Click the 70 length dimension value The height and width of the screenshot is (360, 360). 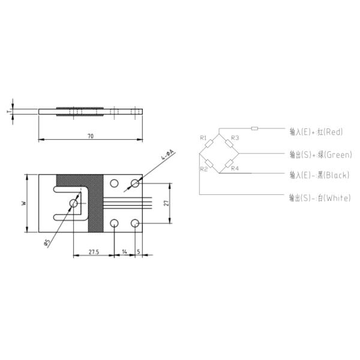[x=91, y=136]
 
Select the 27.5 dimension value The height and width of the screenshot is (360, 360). [x=94, y=252]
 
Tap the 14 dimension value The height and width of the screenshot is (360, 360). [x=124, y=252]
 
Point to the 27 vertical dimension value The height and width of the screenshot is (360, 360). [x=167, y=203]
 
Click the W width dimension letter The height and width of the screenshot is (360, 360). [x=24, y=203]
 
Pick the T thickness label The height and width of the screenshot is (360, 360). [x=9, y=112]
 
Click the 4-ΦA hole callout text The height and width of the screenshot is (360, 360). [x=168, y=155]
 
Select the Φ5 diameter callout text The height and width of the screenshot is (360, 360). [x=47, y=242]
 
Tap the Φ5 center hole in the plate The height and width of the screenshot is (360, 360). [x=74, y=203]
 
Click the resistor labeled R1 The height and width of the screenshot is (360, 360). [x=209, y=143]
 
